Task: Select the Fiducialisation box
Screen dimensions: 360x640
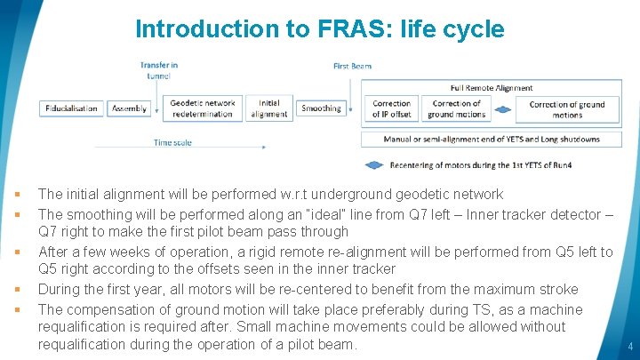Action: pyautogui.click(x=73, y=108)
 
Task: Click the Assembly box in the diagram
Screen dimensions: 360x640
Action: pyautogui.click(x=130, y=108)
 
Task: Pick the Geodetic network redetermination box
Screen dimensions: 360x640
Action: pyautogui.click(x=203, y=108)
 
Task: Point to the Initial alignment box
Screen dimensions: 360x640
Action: pyautogui.click(x=269, y=108)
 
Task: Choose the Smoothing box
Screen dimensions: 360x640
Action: pyautogui.click(x=321, y=108)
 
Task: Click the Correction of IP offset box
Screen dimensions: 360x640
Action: pyautogui.click(x=391, y=108)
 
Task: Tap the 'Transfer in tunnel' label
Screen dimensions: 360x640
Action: pyautogui.click(x=159, y=70)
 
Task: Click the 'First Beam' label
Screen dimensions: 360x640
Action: pyautogui.click(x=353, y=66)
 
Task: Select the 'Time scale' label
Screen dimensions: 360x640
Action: pyautogui.click(x=172, y=142)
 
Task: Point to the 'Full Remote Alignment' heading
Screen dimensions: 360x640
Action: pyautogui.click(x=492, y=87)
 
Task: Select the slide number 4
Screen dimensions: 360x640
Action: pyautogui.click(x=629, y=346)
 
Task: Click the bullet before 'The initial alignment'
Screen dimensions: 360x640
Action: pyautogui.click(x=17, y=194)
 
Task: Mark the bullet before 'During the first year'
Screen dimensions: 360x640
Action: pyautogui.click(x=17, y=290)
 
